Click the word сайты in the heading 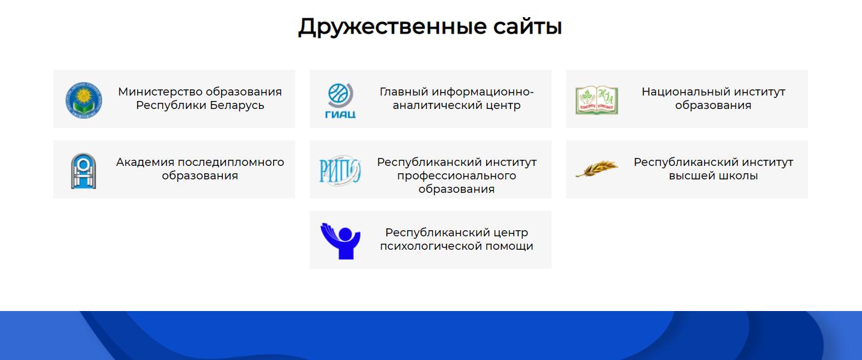click(528, 27)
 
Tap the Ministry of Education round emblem click(83, 100)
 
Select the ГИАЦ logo click(340, 100)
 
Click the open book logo click(597, 100)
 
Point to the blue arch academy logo click(83, 171)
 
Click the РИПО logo click(340, 171)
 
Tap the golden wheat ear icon click(597, 168)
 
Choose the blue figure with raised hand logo click(340, 241)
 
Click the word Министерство click(160, 92)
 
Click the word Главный click(403, 92)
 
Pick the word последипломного click(231, 162)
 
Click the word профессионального click(456, 176)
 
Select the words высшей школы click(713, 176)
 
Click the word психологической click(430, 246)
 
